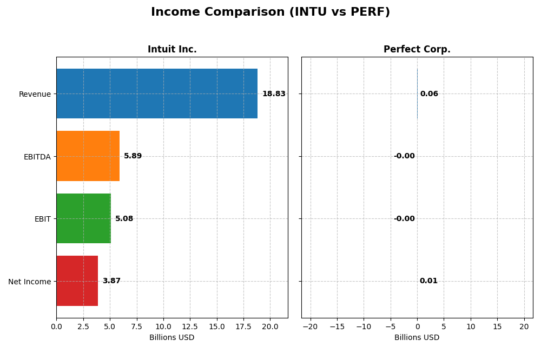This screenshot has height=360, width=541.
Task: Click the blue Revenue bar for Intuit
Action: coord(157,94)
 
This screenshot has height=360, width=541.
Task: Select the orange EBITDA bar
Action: coord(88,156)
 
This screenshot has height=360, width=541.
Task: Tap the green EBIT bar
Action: coord(83,218)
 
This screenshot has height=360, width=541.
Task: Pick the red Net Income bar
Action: coord(77,281)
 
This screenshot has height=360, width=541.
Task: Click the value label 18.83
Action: coord(274,94)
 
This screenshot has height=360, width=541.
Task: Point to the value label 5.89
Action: coord(133,156)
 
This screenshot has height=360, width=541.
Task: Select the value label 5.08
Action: coord(124,219)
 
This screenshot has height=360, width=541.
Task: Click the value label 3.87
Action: coord(111,281)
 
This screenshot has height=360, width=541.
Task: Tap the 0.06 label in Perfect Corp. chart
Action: coord(429,94)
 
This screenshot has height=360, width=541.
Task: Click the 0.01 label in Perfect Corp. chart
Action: coord(428,281)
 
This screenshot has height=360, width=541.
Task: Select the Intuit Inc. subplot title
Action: coord(172,50)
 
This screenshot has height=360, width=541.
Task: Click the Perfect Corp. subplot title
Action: coord(417,50)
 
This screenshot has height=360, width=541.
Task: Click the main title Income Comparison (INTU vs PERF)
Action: coord(270,12)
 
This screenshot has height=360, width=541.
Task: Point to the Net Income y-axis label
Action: coord(29,282)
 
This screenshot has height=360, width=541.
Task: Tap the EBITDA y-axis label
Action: coord(37,157)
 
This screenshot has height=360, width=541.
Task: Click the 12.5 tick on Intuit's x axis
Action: coord(190,326)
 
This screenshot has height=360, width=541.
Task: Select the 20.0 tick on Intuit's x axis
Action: coord(270,326)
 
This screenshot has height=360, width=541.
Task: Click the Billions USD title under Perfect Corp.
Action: coord(417,338)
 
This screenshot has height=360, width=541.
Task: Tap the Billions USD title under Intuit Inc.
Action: coord(172,338)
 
